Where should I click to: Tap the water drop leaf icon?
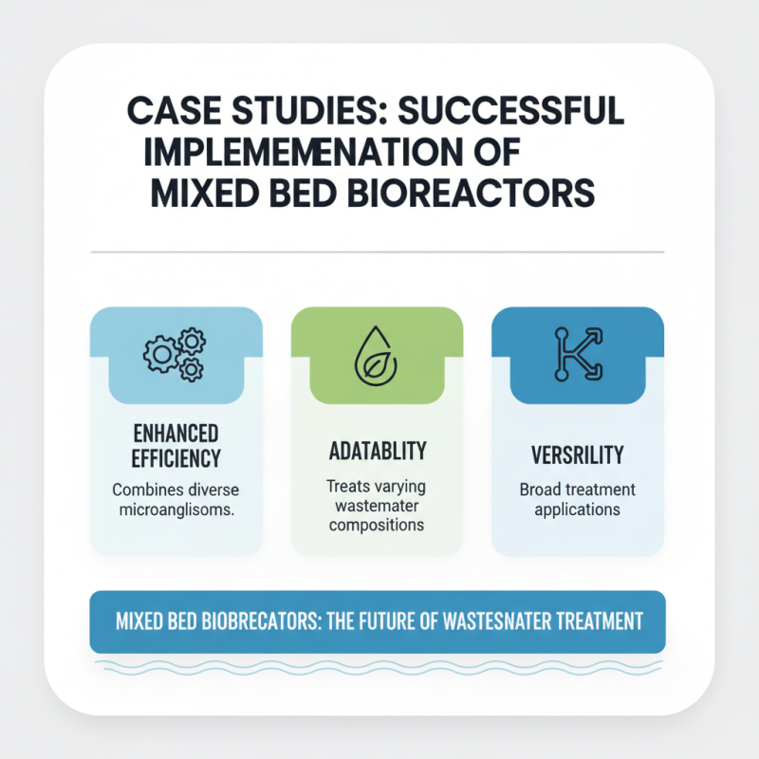377,353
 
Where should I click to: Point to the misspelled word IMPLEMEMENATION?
304,153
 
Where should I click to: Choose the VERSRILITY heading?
578,454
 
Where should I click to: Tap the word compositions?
377,525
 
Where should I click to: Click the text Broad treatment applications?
578,500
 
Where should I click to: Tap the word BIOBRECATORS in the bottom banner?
249,622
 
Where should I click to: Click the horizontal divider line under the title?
377,253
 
